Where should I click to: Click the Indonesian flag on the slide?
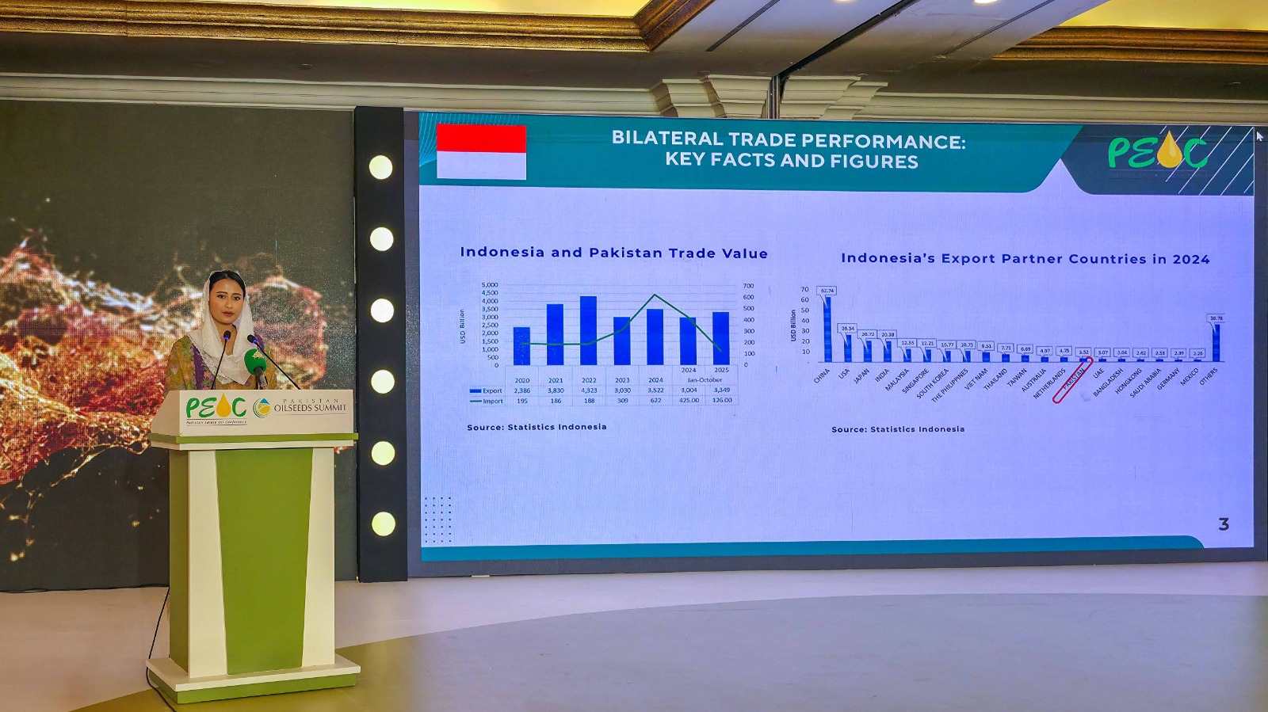pyautogui.click(x=481, y=151)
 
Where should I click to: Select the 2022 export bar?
pyautogui.click(x=588, y=331)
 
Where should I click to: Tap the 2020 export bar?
pyautogui.click(x=521, y=346)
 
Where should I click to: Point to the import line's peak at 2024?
pyautogui.click(x=655, y=295)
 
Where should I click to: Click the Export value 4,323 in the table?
pyautogui.click(x=589, y=390)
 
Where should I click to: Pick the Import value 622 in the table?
pyautogui.click(x=655, y=401)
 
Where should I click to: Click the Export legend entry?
pyautogui.click(x=486, y=390)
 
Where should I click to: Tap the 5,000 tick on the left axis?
pyautogui.click(x=490, y=285)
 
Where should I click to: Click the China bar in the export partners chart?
pyautogui.click(x=827, y=329)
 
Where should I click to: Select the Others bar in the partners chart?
pyautogui.click(x=1216, y=342)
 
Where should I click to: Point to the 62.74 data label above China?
pyautogui.click(x=827, y=291)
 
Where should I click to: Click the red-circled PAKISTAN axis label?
pyautogui.click(x=1073, y=379)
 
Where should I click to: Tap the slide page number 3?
pyautogui.click(x=1224, y=524)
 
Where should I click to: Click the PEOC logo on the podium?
pyautogui.click(x=216, y=407)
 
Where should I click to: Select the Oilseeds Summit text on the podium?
pyautogui.click(x=310, y=407)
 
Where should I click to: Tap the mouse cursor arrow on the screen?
pyautogui.click(x=1259, y=136)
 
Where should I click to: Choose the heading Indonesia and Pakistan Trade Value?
pyautogui.click(x=613, y=253)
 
